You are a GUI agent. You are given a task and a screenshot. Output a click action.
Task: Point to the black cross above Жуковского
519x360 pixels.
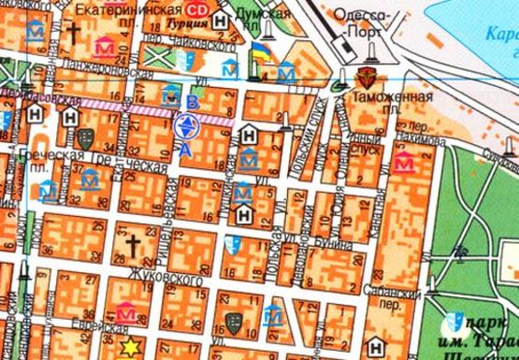pos(133,247)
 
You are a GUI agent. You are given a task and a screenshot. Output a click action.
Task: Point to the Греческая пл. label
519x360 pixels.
pos(42,154)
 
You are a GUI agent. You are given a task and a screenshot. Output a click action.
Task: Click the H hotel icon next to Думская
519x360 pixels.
pos(219,20)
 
